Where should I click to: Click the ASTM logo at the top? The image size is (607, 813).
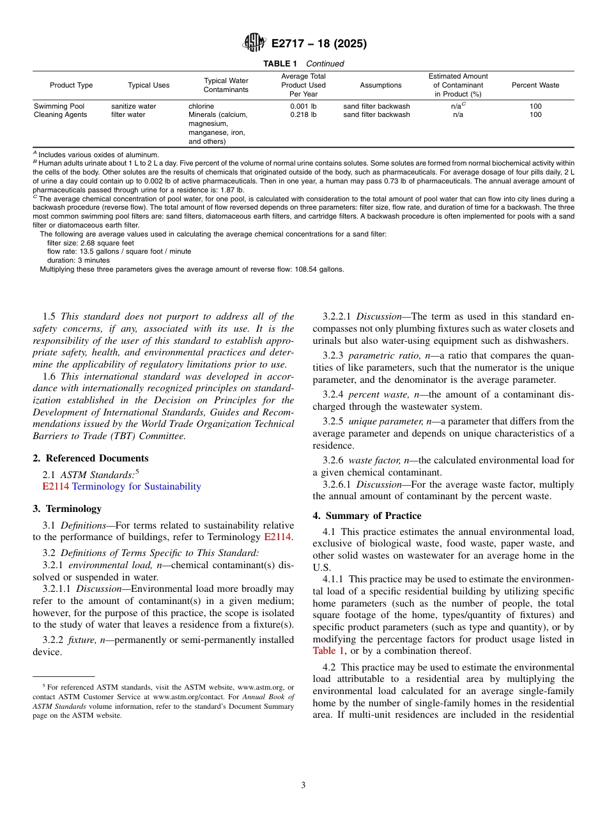(x=254, y=43)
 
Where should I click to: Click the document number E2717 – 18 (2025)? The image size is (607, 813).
(x=319, y=44)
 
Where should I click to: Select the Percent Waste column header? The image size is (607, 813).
(x=535, y=85)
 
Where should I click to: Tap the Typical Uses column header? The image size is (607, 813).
(x=148, y=85)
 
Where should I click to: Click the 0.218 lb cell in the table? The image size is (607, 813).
(x=303, y=115)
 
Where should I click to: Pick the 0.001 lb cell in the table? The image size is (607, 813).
(x=303, y=106)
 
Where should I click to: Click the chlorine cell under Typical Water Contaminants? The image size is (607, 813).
(x=201, y=106)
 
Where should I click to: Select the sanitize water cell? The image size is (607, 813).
(x=134, y=106)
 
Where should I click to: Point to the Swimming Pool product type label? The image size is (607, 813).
(x=59, y=106)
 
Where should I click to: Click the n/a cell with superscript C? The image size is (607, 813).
(x=457, y=106)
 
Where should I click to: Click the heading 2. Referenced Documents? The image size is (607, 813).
(x=90, y=458)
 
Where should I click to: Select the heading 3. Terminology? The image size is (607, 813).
(x=66, y=509)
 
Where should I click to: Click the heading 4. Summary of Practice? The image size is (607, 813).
(x=367, y=516)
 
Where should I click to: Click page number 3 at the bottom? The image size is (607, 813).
(x=303, y=786)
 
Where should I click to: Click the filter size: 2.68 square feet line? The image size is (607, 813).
(x=90, y=243)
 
